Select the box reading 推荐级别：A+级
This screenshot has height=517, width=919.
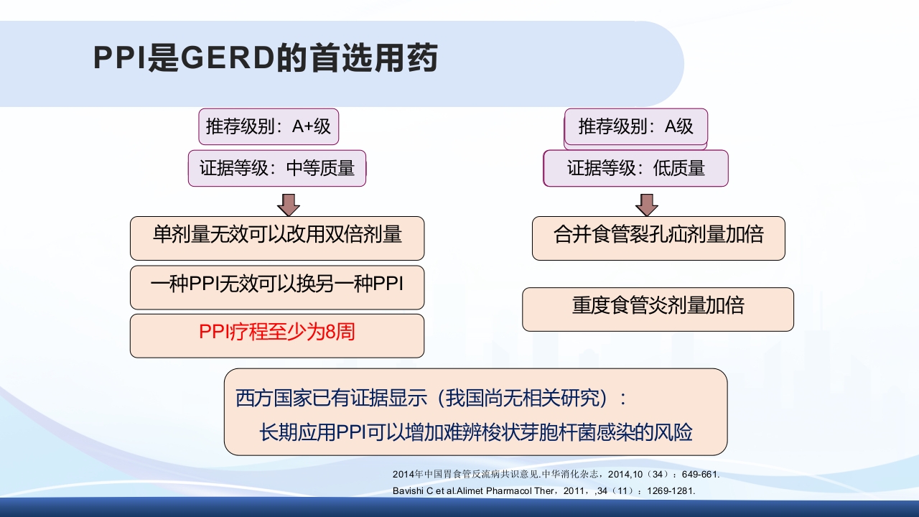click(269, 127)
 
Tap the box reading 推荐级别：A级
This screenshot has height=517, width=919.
click(636, 127)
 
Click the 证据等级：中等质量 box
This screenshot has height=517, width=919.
click(277, 169)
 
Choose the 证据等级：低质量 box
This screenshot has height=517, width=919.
click(636, 169)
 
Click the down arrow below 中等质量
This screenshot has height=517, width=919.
click(289, 205)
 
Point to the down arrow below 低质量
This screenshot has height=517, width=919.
click(647, 205)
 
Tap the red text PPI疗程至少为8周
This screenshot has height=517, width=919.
click(277, 333)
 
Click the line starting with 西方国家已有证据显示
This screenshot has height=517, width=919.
click(431, 398)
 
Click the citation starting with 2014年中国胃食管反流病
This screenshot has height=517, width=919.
click(556, 475)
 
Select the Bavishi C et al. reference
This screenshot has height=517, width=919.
click(544, 491)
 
